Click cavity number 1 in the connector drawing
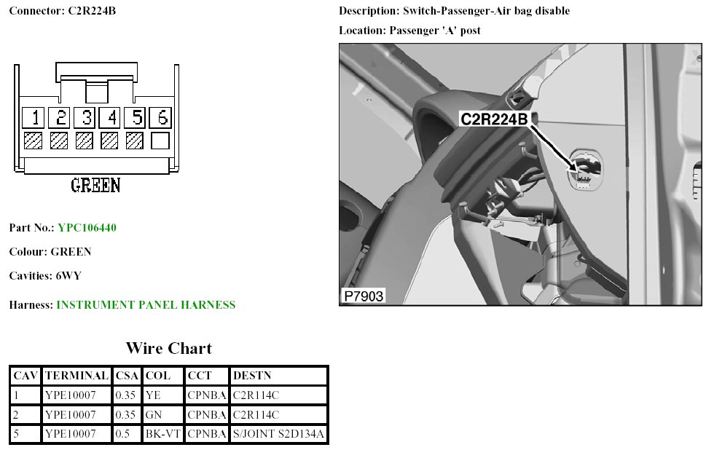[x=34, y=118]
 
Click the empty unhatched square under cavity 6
[x=160, y=141]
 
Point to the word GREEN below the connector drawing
[x=95, y=186]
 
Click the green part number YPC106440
[x=87, y=228]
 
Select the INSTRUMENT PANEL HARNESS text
[x=146, y=305]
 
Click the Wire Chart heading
[x=168, y=348]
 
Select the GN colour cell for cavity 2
[x=153, y=415]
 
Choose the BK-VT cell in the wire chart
[x=163, y=435]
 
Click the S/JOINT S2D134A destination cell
[x=278, y=435]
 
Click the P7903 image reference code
[x=364, y=296]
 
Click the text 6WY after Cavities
[x=71, y=276]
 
